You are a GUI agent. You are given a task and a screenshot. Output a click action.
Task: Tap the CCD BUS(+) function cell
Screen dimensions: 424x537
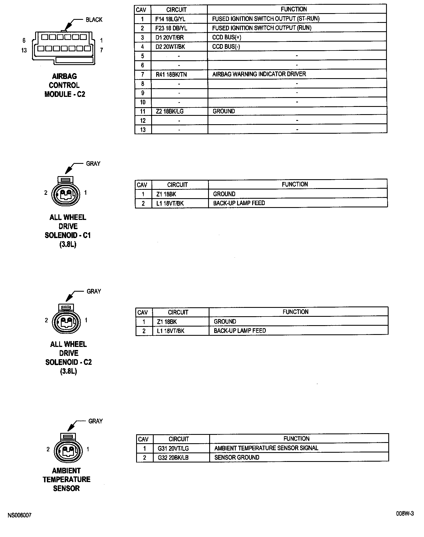coord(227,37)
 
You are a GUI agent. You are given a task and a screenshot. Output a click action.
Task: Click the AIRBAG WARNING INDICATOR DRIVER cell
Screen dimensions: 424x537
coord(259,74)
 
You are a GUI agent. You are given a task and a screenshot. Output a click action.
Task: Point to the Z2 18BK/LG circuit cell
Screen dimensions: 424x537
coord(169,111)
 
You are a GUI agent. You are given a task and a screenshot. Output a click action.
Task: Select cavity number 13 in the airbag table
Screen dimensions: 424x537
coord(143,130)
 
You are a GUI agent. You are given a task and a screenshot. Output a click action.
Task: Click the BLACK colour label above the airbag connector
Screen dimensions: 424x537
coord(94,20)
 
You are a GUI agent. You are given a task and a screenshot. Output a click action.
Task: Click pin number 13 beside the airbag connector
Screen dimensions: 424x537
coord(24,50)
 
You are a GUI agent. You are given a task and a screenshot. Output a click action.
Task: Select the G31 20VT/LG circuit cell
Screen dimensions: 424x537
coord(173,449)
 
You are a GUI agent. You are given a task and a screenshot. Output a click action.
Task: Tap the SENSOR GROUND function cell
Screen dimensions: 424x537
coord(237,457)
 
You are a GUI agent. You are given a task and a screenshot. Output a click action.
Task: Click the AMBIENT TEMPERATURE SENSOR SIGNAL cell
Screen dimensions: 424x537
coord(266,448)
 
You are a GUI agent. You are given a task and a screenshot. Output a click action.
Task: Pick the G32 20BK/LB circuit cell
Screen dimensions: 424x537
coord(173,458)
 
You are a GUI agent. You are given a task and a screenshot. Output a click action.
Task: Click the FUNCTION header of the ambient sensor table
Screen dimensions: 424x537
coord(296,439)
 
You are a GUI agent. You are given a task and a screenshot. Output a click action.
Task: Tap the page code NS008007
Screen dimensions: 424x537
coord(20,515)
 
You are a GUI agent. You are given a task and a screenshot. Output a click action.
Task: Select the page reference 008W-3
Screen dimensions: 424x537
coord(405,514)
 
